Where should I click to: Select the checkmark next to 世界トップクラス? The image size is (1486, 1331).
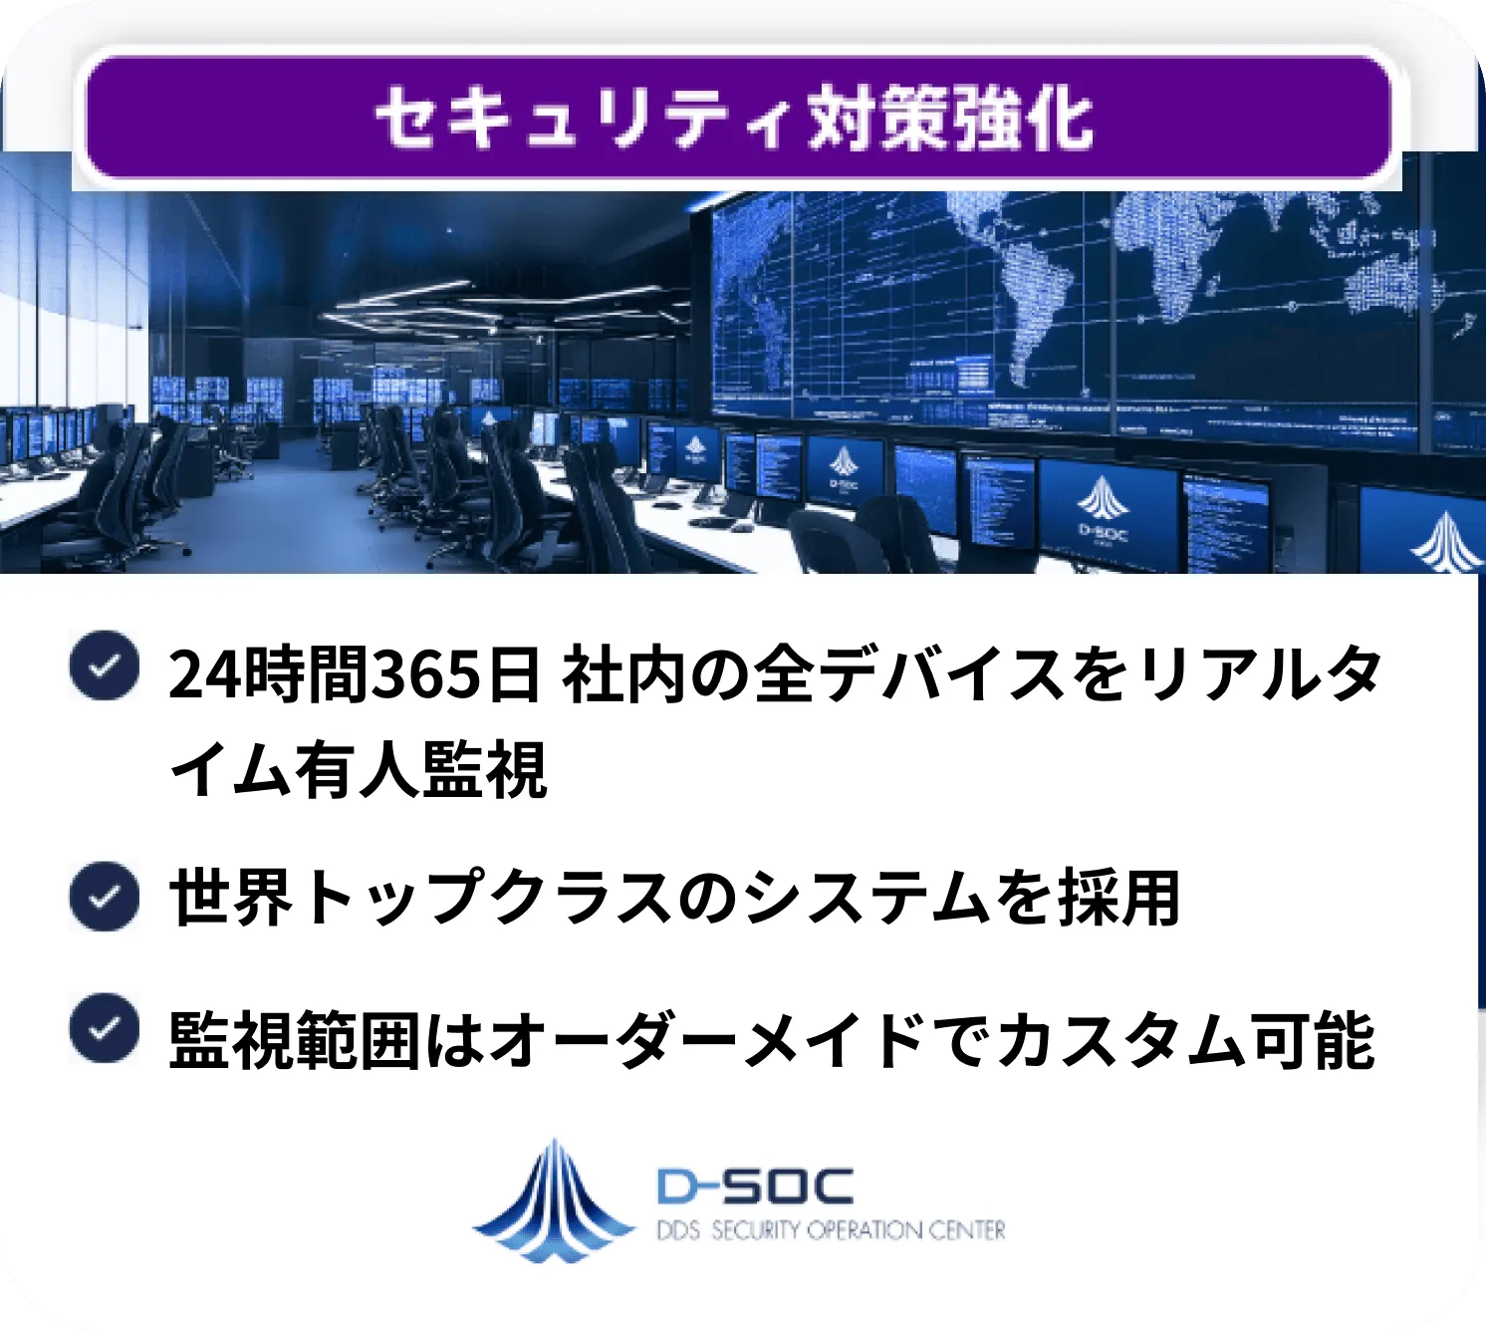[x=104, y=897]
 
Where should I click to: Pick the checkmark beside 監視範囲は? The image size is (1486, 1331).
[x=104, y=1028]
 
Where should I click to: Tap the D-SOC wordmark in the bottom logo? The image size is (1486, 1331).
[x=755, y=1186]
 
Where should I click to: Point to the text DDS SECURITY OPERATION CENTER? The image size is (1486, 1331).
[x=831, y=1231]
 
